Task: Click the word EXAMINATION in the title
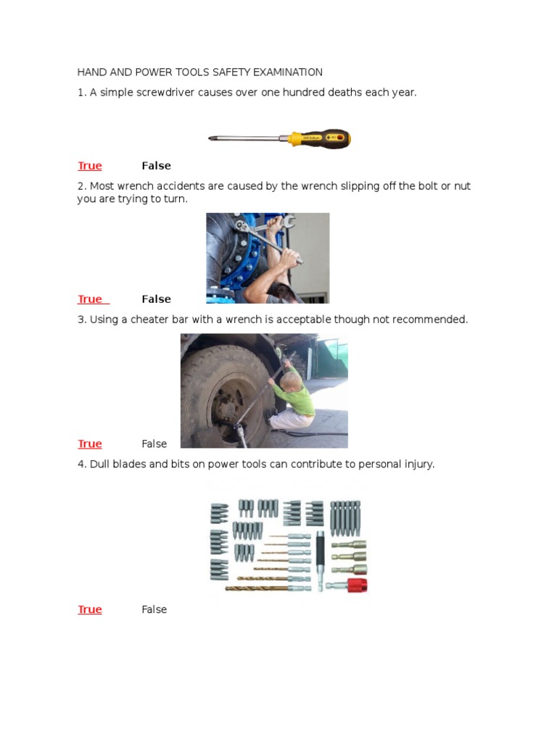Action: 288,72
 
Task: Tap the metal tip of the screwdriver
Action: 212,138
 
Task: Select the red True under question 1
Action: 90,166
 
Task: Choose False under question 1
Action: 156,166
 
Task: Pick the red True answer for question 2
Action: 90,299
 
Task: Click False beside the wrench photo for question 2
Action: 156,299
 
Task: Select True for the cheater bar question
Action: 90,444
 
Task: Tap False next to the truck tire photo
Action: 154,444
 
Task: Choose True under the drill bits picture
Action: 90,610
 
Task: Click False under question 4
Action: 154,610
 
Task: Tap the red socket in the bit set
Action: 356,585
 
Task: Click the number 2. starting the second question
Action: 82,186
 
